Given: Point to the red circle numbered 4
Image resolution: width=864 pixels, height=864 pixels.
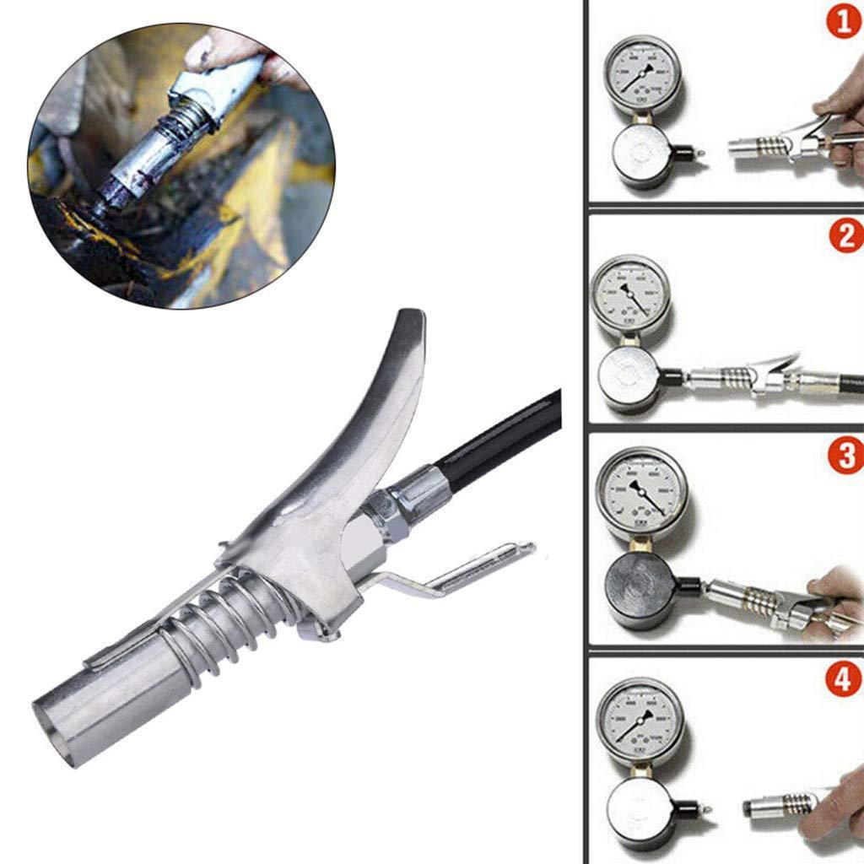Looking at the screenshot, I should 845,680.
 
